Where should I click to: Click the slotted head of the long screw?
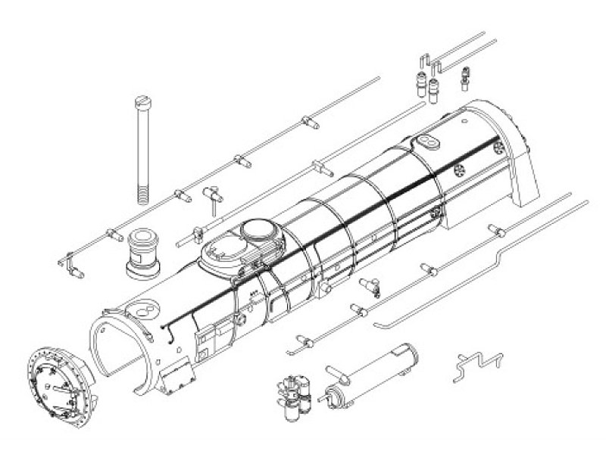[142, 101]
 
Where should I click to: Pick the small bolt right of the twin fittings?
[464, 76]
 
